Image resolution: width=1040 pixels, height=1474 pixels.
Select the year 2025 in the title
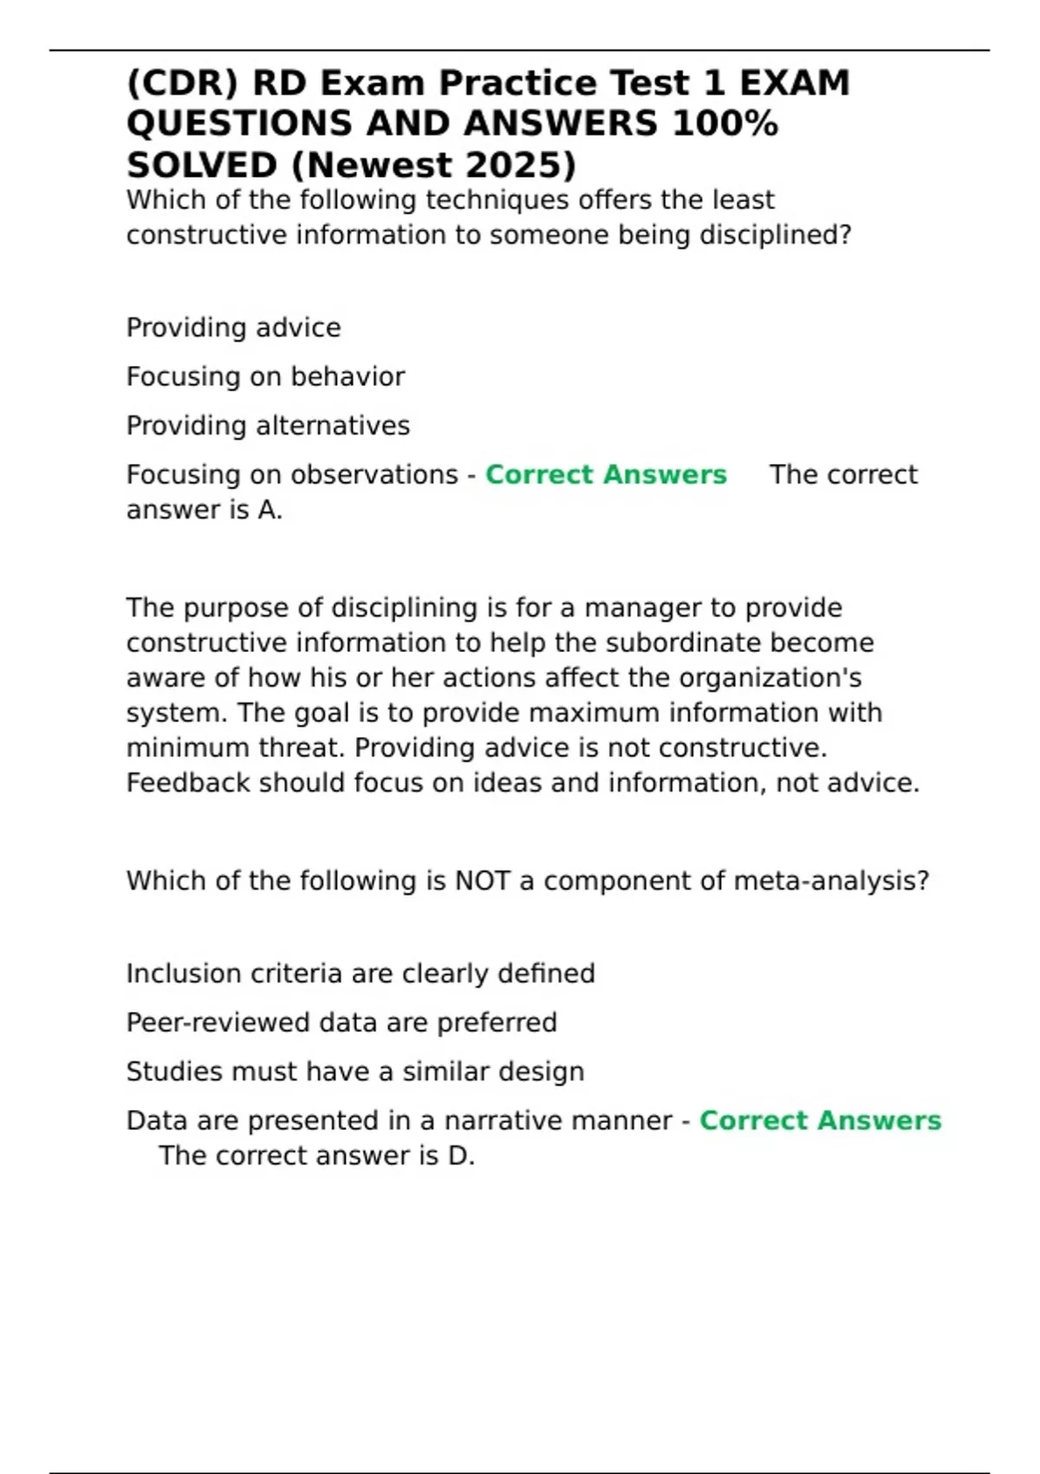(x=512, y=166)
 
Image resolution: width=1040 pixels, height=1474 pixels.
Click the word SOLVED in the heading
(x=202, y=166)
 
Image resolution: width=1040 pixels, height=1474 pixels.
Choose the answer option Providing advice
(x=233, y=328)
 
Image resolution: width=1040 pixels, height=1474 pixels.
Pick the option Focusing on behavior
(x=265, y=376)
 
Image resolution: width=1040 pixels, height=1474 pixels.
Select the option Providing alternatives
(x=268, y=426)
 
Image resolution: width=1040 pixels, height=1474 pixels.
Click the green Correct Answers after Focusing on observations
(x=606, y=475)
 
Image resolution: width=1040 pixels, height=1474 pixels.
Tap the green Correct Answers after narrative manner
(x=820, y=1120)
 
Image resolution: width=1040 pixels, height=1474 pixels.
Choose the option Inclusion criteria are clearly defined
(x=361, y=974)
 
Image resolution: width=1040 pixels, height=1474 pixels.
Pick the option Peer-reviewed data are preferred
(x=341, y=1022)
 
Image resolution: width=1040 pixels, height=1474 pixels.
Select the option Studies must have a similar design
(x=355, y=1072)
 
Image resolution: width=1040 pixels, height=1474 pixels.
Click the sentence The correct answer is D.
(x=316, y=1156)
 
